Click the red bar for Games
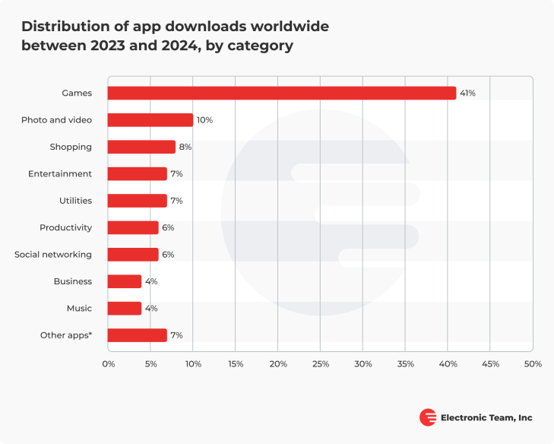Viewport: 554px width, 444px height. pos(282,93)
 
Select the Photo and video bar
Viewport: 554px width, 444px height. pos(150,120)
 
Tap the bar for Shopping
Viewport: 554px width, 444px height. pos(141,147)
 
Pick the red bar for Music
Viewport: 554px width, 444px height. pos(125,308)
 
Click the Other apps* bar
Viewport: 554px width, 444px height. pos(138,335)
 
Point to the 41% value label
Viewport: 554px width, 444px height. pos(467,93)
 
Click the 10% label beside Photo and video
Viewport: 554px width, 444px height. pos(204,120)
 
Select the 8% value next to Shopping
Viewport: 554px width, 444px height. pos(185,147)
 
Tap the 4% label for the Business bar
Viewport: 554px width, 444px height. pos(150,281)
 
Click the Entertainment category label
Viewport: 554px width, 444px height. pos(60,174)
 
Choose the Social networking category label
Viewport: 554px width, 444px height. pos(53,255)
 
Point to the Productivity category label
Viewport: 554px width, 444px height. pos(66,227)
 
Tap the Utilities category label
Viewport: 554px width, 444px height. pos(75,201)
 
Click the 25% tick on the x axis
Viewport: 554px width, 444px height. pos(320,364)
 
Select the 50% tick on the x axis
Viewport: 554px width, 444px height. pos(532,364)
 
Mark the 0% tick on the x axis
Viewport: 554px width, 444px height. pos(109,364)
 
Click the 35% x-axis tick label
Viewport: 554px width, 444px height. pos(405,364)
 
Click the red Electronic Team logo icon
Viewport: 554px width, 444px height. pos(428,417)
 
